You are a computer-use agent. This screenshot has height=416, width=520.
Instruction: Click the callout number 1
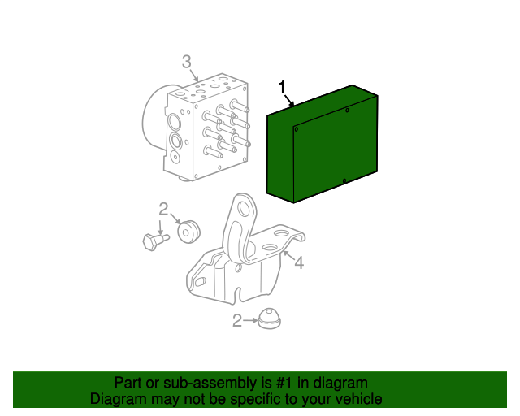pos(282,87)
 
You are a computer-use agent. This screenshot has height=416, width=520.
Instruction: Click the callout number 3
pos(187,62)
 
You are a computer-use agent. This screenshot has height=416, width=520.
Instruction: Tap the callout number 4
pos(299,262)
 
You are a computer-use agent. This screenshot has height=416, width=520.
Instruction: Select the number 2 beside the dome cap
pos(237,321)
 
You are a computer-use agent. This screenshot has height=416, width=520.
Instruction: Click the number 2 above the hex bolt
pos(163,210)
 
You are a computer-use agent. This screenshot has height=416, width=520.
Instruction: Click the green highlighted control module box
pos(322,144)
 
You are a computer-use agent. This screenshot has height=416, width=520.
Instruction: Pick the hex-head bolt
pos(155,240)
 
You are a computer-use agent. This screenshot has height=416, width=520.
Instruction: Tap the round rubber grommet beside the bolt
pos(188,231)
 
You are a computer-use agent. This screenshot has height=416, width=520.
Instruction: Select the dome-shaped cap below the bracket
pos(269,318)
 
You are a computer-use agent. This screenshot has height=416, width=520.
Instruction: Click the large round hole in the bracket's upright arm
pos(244,210)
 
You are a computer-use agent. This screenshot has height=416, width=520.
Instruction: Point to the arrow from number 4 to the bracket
pos(288,256)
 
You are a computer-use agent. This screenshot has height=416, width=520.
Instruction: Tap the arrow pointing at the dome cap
pos(250,320)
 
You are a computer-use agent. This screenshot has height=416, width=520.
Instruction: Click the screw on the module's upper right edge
pos(347,110)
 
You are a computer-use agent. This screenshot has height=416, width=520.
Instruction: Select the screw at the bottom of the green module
pos(344,181)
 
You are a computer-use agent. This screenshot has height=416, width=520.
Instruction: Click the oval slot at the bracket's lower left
pos(201,282)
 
